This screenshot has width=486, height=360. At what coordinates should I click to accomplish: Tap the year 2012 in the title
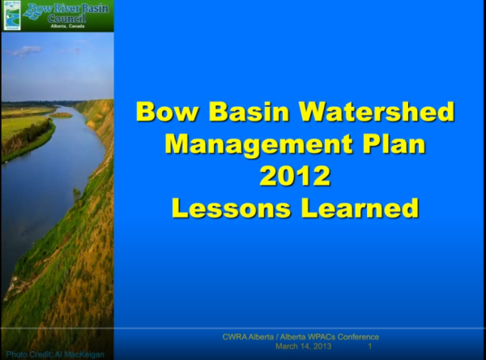coord(296,176)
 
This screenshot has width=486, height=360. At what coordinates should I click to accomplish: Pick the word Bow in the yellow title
coord(165,111)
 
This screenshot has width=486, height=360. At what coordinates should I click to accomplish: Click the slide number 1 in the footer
coord(370,346)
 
